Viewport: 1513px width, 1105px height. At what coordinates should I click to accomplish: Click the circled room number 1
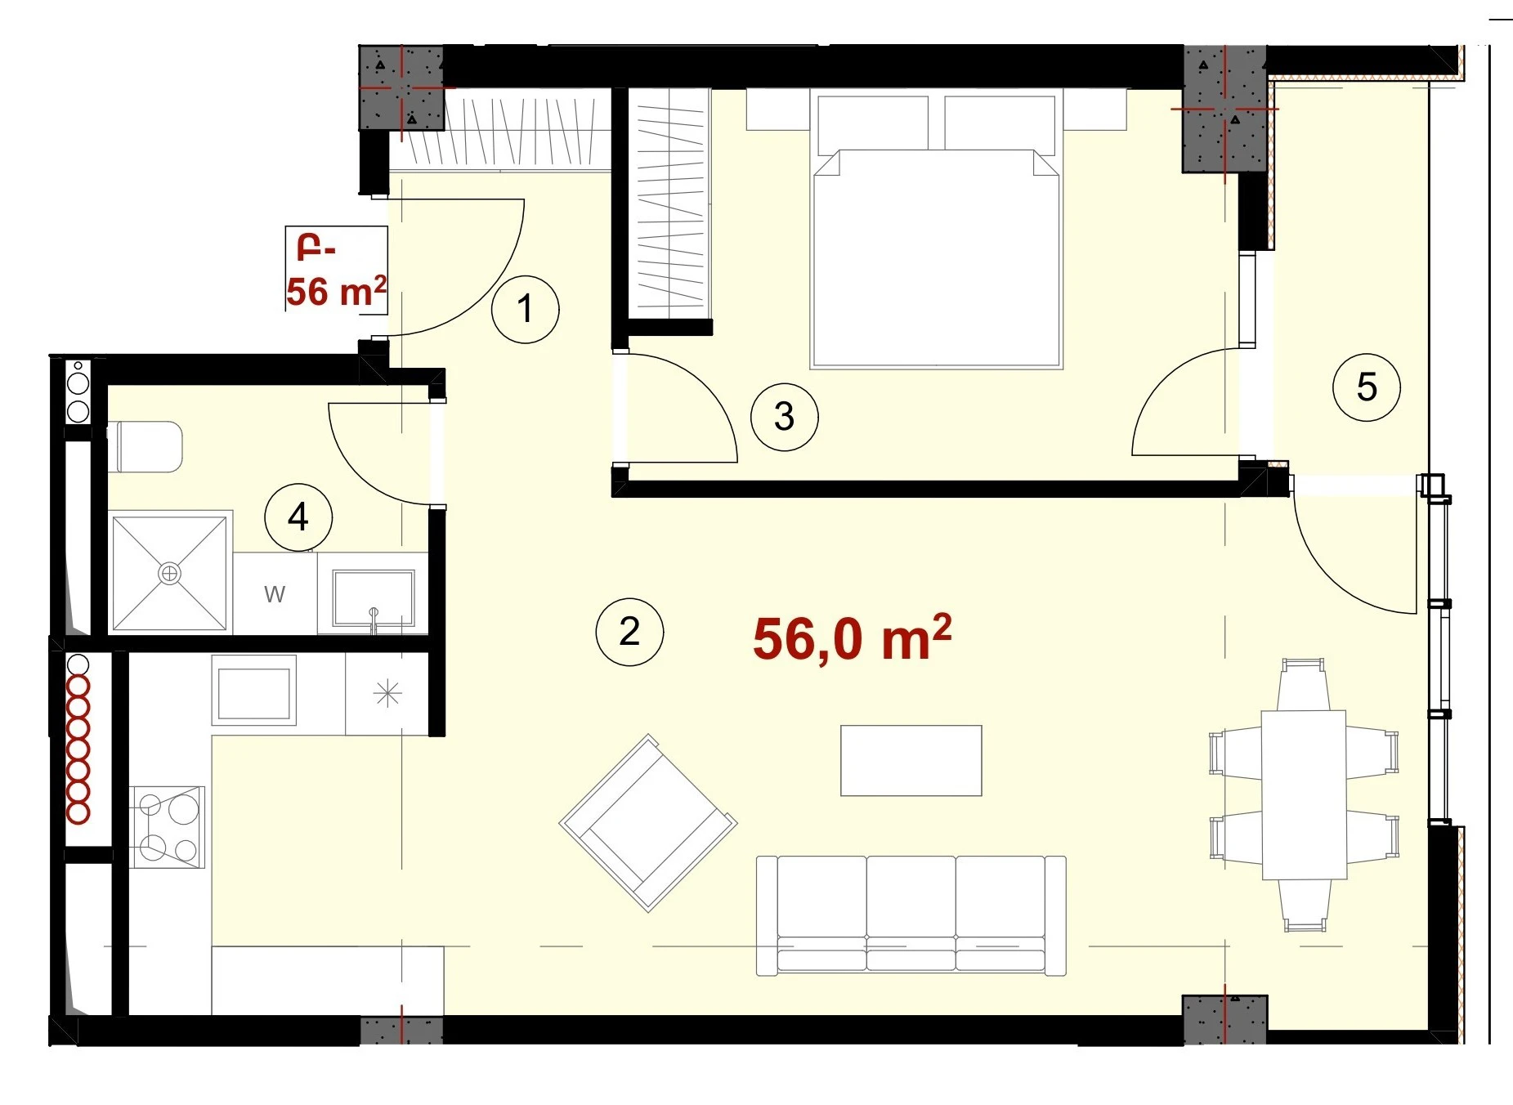point(526,309)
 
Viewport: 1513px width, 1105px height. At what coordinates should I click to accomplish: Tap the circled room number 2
point(629,632)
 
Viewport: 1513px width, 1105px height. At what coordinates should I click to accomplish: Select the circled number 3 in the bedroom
point(784,417)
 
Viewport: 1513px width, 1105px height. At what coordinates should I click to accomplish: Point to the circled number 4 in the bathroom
point(298,517)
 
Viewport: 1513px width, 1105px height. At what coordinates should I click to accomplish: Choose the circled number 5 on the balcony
point(1367,387)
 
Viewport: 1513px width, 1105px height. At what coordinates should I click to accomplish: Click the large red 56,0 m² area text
point(852,638)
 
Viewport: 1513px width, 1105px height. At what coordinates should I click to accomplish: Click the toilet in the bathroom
point(145,446)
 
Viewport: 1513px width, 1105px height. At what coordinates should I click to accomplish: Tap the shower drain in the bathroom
point(169,574)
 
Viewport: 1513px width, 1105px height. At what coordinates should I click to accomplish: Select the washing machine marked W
point(275,593)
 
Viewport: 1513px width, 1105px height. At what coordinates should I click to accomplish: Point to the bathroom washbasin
point(373,597)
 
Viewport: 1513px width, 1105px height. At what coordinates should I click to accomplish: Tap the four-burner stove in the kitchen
point(168,827)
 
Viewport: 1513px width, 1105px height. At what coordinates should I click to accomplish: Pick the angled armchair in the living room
point(648,823)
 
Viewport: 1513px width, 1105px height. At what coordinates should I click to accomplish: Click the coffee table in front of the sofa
point(911,760)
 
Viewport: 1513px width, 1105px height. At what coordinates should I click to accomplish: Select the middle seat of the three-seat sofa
point(911,914)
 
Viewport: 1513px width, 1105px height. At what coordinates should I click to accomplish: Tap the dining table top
point(1304,794)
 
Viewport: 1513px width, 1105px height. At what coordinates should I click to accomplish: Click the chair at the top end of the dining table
point(1304,684)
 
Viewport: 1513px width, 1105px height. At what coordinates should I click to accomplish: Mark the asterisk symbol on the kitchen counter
point(387,694)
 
